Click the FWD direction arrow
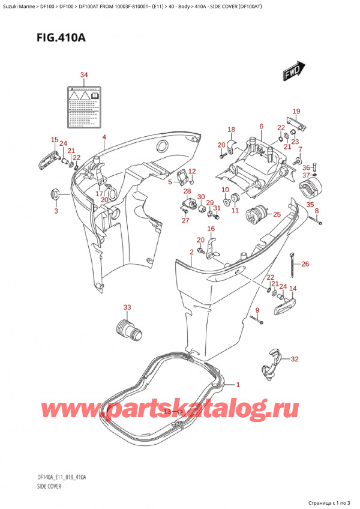pyautogui.click(x=292, y=72)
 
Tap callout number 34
pyautogui.click(x=84, y=75)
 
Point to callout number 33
pyautogui.click(x=127, y=308)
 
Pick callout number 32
pyautogui.click(x=294, y=360)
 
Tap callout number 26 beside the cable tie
pyautogui.click(x=305, y=264)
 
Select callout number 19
pyautogui.click(x=296, y=111)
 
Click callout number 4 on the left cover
pyautogui.click(x=104, y=137)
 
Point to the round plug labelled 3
pyautogui.click(x=55, y=194)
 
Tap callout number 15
pyautogui.click(x=55, y=140)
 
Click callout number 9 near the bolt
pyautogui.click(x=257, y=310)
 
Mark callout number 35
pyautogui.click(x=310, y=205)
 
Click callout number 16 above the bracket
pyautogui.click(x=211, y=229)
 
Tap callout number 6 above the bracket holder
pyautogui.click(x=261, y=126)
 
